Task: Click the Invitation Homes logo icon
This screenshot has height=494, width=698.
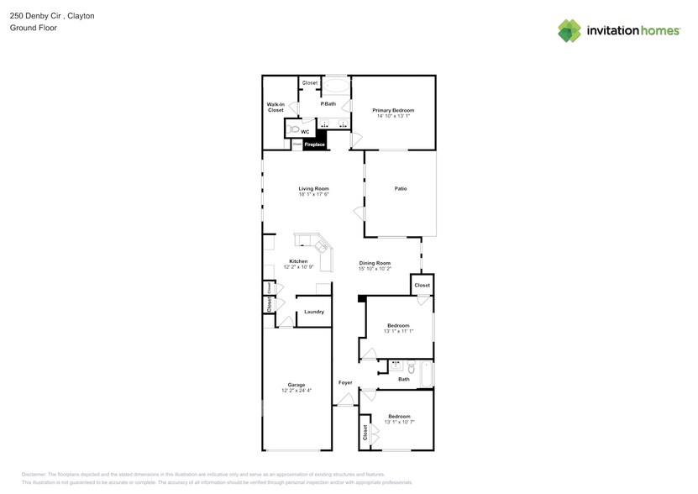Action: (569, 30)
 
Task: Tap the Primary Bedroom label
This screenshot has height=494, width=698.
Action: (393, 110)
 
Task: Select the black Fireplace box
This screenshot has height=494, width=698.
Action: (314, 145)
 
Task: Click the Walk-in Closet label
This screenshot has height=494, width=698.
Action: (276, 107)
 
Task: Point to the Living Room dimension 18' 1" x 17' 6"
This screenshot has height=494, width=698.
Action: (313, 195)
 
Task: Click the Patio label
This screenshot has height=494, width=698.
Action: (401, 188)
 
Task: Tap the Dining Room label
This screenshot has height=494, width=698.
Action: (375, 263)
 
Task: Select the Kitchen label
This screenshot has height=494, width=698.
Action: (298, 261)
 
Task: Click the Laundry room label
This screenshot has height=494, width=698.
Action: (314, 312)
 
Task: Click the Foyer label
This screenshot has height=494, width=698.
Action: (345, 382)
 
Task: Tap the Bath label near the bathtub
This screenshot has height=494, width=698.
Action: (404, 379)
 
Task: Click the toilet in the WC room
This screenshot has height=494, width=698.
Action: (293, 129)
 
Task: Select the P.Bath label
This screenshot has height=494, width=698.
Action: (328, 103)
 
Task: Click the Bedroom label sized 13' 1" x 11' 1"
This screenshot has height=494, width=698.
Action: (398, 325)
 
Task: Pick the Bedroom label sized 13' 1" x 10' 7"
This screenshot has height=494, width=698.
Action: (398, 416)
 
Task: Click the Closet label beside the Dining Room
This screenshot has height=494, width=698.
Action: (422, 285)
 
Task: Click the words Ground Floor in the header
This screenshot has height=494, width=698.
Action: (30, 28)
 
